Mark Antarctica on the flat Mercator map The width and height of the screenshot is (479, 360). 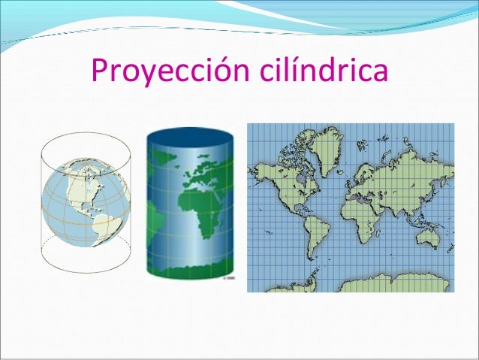pyautogui.click(x=375, y=284)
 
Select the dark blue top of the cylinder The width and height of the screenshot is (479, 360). pyautogui.click(x=190, y=138)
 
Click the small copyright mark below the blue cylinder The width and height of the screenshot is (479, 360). pyautogui.click(x=227, y=278)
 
